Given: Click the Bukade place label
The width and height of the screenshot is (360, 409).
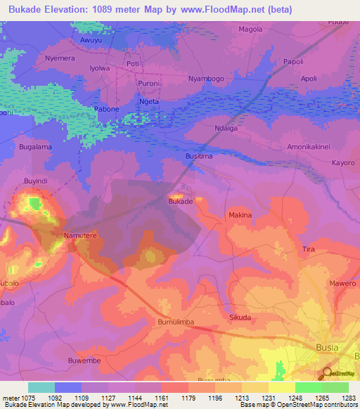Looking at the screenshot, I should [180, 201].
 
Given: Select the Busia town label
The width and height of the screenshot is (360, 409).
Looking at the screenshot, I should [326, 347].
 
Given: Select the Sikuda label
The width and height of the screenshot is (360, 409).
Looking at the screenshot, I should [240, 317].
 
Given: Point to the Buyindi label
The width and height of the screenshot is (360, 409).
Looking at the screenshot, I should [36, 181].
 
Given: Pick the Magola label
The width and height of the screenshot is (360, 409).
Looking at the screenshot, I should [250, 30].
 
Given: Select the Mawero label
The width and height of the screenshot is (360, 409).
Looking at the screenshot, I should [342, 283].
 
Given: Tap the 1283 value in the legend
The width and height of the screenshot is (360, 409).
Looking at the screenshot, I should [349, 398].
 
